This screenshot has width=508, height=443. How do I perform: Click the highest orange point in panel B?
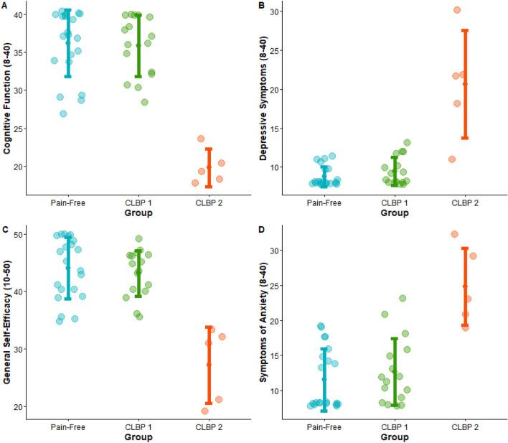coord(457,10)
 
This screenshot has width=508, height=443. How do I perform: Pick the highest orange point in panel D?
coord(454,234)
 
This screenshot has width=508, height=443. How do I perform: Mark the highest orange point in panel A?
coord(202,139)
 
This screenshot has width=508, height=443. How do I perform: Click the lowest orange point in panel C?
coord(205,411)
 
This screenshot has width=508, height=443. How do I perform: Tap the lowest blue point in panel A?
coord(63,113)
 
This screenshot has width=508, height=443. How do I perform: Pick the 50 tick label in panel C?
coord(17,235)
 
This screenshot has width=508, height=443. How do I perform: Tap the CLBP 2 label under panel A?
coord(208,203)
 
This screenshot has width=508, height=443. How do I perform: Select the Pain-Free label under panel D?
coord(324,426)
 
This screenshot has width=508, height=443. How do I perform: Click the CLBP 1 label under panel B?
coord(394,203)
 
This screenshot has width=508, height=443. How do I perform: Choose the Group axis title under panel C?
coord(138,437)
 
